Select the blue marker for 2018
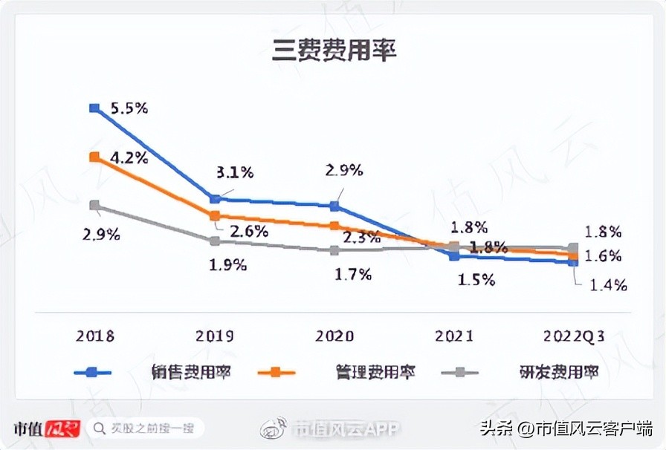(94, 108)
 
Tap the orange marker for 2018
(94, 157)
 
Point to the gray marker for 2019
(215, 241)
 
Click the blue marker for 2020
(334, 206)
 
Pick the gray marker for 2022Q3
(573, 247)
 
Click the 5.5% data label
(129, 108)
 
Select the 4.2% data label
(129, 157)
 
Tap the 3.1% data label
(235, 172)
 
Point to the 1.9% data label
(228, 264)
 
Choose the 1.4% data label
(609, 284)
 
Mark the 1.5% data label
(476, 279)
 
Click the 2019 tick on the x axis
(215, 336)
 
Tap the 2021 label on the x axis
(454, 336)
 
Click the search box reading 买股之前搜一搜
(145, 428)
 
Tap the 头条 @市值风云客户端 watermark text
(566, 428)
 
